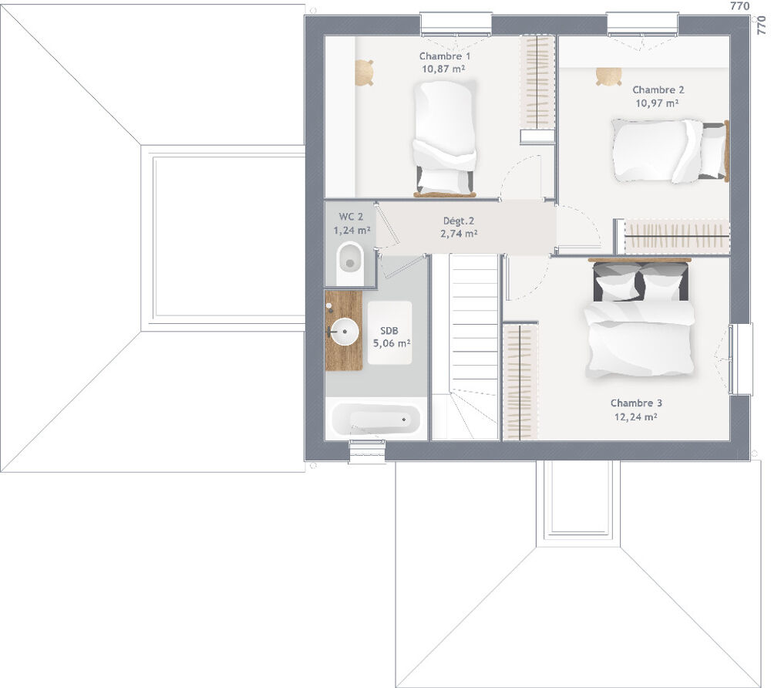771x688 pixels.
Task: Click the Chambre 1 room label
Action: tap(445, 56)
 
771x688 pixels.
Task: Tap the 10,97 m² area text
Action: tap(657, 103)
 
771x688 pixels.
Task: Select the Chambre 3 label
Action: tap(636, 403)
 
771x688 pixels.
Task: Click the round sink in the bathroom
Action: tap(345, 333)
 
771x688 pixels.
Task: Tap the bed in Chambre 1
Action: tap(445, 139)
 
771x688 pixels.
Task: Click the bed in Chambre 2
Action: tap(668, 150)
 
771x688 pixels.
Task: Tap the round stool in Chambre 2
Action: tap(609, 76)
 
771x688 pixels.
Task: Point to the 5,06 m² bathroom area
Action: tap(391, 344)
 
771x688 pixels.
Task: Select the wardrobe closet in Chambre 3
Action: tap(521, 381)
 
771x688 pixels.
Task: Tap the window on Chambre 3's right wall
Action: tap(740, 359)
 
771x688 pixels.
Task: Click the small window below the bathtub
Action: tap(366, 451)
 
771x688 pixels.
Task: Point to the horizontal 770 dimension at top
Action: tap(739, 6)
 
